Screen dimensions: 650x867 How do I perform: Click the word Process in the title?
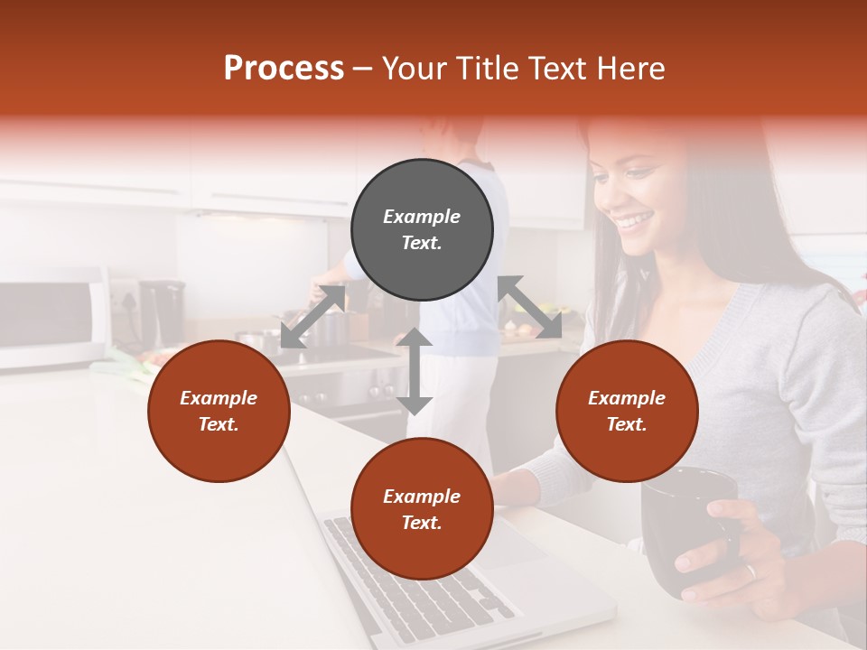(284, 69)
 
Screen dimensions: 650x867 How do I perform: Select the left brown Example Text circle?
(219, 411)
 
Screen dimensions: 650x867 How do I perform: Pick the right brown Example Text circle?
(627, 411)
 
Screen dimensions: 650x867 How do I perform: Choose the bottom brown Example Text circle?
(422, 509)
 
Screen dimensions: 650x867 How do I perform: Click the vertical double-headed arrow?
(415, 371)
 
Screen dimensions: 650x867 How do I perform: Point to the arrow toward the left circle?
(312, 317)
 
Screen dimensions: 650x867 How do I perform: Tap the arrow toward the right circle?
(530, 307)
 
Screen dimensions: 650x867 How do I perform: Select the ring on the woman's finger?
(750, 571)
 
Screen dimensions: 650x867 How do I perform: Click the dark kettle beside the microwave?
(163, 311)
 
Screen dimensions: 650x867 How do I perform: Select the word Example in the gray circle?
(422, 217)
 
